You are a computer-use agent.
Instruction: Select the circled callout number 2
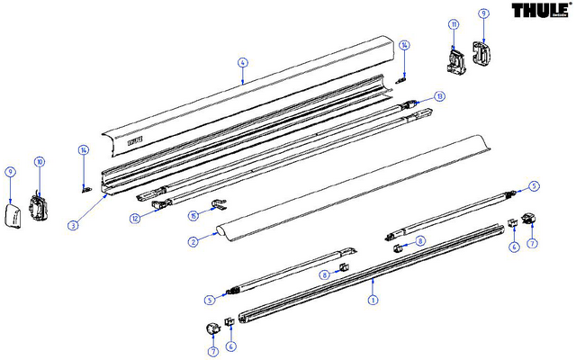coord(192,242)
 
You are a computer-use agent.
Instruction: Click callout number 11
coord(454,23)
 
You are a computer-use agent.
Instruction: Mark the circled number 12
coord(134,216)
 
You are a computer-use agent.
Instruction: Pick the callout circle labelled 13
coord(439,96)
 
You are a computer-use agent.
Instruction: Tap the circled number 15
coord(193,214)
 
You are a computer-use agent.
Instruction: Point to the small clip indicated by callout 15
coord(216,205)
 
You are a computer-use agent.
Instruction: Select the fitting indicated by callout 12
coord(160,203)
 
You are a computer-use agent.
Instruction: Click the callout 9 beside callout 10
coord(10,171)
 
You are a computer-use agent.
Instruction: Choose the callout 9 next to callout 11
coord(483,14)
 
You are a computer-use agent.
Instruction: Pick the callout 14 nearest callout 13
coord(405,45)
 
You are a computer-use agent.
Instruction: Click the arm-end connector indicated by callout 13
coord(414,104)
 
